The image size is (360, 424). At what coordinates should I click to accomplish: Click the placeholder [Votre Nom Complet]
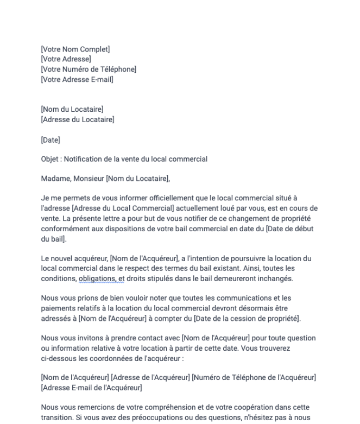pos(75,49)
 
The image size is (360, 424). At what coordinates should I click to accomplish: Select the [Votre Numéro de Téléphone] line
pos(89,69)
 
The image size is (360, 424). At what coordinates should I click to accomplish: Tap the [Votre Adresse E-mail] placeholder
pos(77,80)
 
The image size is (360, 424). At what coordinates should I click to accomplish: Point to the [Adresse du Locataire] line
pos(78,119)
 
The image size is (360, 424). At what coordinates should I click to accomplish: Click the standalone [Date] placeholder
pos(50,140)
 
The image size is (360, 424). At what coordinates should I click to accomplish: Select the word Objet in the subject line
pos(50,160)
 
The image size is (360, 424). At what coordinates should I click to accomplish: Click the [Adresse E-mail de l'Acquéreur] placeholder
pos(91,387)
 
